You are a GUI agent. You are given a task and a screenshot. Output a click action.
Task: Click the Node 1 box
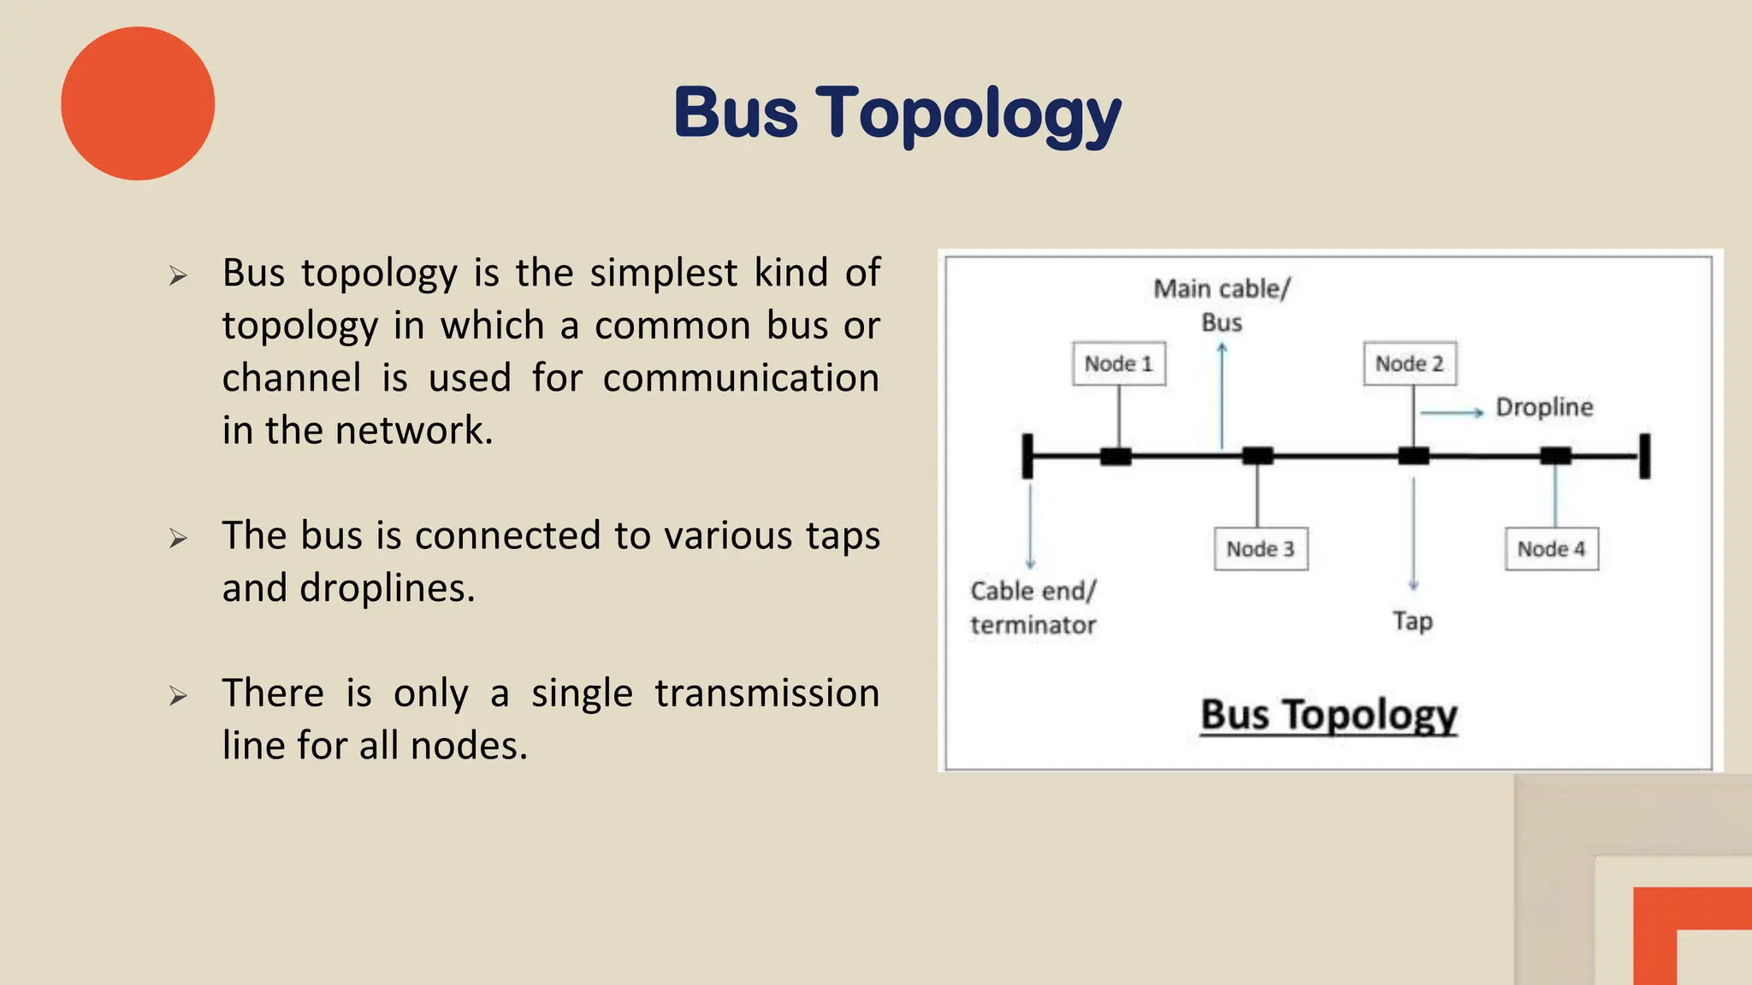tap(1118, 364)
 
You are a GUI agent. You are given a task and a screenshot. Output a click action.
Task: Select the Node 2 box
tap(1409, 364)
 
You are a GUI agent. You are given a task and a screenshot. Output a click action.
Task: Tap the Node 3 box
tap(1260, 549)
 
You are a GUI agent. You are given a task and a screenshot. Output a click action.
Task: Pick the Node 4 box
tap(1551, 549)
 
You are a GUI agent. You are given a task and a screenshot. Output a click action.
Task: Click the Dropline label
tap(1544, 407)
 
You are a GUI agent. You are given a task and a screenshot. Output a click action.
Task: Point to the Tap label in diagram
tap(1412, 621)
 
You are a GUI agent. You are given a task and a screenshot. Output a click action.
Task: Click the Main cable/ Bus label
tap(1221, 305)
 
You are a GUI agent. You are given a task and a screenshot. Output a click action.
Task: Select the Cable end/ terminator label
tap(1033, 608)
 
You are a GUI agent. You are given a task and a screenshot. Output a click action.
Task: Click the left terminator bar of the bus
tap(1027, 456)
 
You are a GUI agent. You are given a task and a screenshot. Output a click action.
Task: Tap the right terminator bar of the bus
tap(1644, 456)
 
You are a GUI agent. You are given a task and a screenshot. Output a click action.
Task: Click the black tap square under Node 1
tap(1116, 456)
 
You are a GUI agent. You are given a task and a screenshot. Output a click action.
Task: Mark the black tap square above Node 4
tap(1555, 456)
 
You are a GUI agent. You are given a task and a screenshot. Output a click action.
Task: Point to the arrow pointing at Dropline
tap(1452, 413)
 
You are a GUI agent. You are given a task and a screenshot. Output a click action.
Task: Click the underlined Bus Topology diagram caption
tap(1328, 715)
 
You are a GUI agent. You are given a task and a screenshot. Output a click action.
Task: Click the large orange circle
tap(138, 103)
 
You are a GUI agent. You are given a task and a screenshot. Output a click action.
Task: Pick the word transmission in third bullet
tap(766, 693)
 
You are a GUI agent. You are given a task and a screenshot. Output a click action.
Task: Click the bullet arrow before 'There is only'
tap(178, 696)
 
